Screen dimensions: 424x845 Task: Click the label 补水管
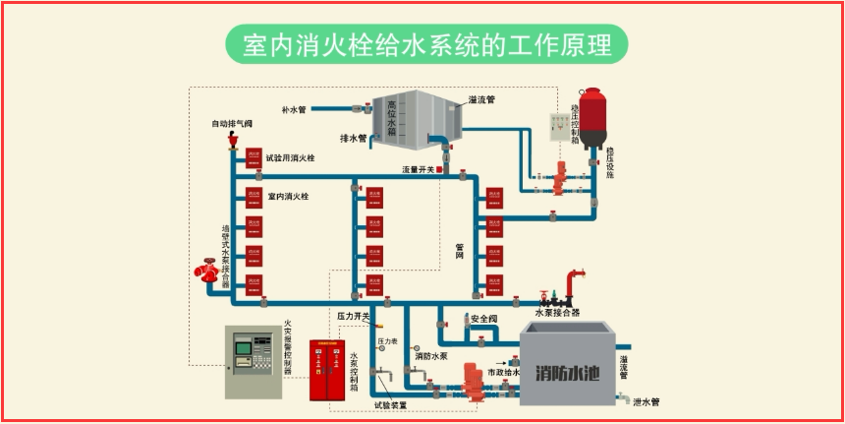click(295, 109)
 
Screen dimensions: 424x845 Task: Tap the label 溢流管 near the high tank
click(481, 99)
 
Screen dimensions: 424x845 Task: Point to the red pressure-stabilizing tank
click(591, 117)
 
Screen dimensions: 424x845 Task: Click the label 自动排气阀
click(232, 124)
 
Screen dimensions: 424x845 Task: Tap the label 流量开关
click(418, 170)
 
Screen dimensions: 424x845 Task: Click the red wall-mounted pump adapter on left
click(209, 270)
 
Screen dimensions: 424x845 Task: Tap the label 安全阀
click(485, 320)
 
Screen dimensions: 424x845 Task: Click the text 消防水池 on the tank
click(570, 373)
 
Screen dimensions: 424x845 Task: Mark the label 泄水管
click(647, 401)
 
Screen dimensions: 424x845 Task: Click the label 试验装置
click(390, 404)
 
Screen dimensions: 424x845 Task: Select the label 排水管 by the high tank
click(353, 139)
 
